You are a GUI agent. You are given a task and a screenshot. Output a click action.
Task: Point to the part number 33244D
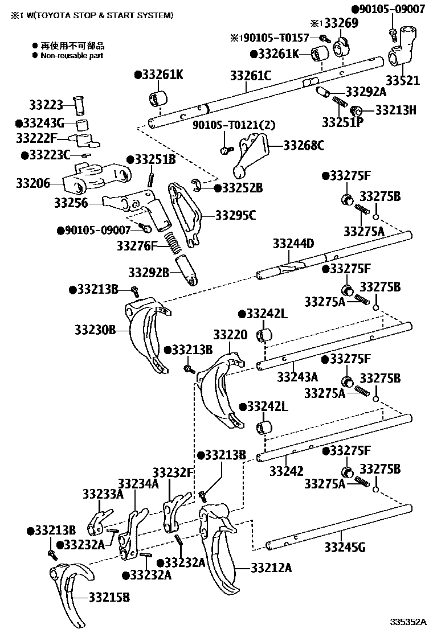tap(294, 244)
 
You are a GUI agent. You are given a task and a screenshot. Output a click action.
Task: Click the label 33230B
tap(95, 329)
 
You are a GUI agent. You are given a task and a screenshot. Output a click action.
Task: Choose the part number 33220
tap(230, 335)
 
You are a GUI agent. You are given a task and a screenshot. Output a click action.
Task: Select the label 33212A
tap(271, 567)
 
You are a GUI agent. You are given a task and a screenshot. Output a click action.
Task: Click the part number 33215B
tap(109, 597)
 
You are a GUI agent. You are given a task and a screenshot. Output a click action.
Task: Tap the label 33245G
tap(345, 548)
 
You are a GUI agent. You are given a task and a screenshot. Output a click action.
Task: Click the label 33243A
tap(297, 377)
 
